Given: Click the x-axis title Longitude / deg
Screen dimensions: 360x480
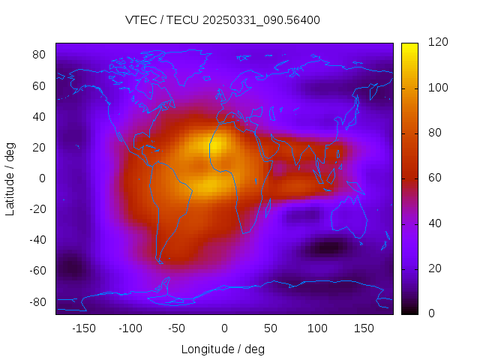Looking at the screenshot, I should (223, 349).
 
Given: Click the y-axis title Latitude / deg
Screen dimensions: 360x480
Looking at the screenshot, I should (10, 178).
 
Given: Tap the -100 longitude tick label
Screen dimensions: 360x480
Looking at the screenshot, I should (130, 328).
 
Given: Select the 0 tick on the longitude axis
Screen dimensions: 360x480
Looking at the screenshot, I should (223, 328).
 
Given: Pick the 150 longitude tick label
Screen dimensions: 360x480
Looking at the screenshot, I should (364, 328).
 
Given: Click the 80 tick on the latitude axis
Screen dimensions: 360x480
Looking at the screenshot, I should (40, 55).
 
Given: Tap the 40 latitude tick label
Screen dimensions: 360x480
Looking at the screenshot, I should (40, 116).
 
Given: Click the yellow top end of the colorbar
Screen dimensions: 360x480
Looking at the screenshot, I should (409, 46).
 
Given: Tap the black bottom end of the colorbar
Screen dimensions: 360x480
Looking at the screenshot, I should (409, 310).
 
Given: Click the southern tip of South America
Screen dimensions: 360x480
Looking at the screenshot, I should (160, 262).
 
